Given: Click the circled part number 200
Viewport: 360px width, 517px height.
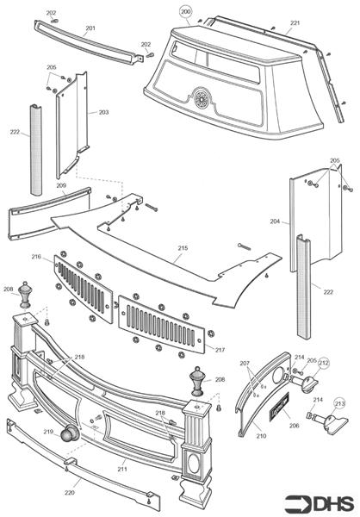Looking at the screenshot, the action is tap(186, 12).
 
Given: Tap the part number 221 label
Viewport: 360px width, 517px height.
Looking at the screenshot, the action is tap(295, 22).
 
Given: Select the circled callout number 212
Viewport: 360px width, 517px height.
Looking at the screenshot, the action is tap(324, 364).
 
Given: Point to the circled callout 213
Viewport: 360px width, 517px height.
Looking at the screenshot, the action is tap(339, 403).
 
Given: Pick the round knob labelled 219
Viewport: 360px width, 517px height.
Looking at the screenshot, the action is tap(70, 433).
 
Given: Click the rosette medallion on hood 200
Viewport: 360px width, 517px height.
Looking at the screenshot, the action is tap(201, 98).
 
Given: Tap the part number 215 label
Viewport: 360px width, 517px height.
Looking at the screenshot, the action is tap(183, 248).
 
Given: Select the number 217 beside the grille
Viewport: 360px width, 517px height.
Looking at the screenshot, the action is tap(220, 350).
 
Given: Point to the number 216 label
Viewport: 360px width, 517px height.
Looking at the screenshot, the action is tap(36, 257).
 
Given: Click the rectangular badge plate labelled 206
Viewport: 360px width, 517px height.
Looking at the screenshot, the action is tap(280, 407).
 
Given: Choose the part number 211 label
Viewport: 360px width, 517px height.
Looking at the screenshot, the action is tap(122, 469).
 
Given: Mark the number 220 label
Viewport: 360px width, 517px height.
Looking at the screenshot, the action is tap(70, 493).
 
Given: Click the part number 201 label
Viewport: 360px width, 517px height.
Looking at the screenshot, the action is tap(90, 28).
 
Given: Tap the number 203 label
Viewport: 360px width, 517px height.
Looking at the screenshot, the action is tap(103, 112).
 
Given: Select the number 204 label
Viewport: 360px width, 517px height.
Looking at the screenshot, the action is tap(275, 221).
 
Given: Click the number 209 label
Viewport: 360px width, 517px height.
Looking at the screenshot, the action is tap(61, 185).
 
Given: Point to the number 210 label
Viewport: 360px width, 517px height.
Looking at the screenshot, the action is tap(261, 436).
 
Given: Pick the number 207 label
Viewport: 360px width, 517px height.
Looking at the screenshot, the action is tap(245, 364).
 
